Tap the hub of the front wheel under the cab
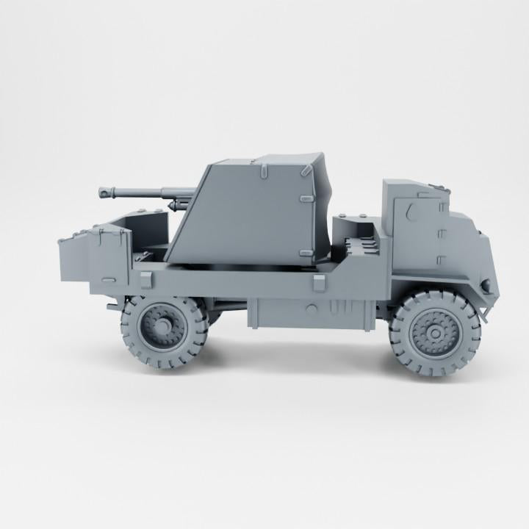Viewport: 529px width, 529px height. (x=434, y=334)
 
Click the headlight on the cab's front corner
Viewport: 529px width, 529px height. (x=485, y=284)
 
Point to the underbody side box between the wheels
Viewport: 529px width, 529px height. (x=309, y=312)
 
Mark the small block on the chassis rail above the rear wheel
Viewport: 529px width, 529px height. (x=145, y=279)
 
